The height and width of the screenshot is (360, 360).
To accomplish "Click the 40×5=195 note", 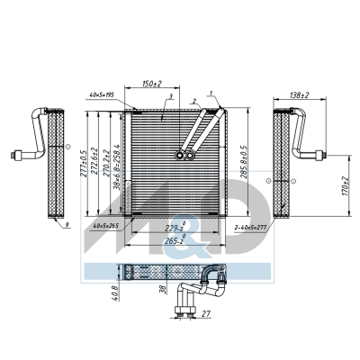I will click(x=108, y=94).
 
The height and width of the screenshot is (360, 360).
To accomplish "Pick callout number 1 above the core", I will click(x=213, y=94).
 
